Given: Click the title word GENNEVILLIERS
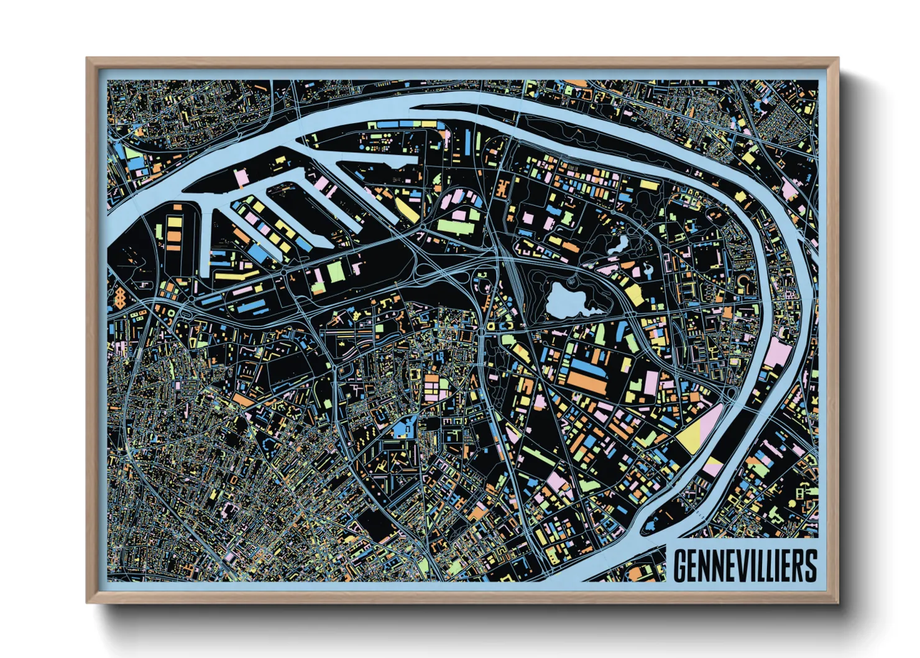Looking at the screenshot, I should (745, 565).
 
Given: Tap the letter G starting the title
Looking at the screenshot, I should (681, 565).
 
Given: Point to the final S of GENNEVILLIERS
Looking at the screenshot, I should (810, 565).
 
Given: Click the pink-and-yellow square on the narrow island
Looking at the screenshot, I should (713, 466).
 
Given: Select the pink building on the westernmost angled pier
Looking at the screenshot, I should (241, 178).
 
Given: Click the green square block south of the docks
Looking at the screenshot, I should (336, 271).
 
